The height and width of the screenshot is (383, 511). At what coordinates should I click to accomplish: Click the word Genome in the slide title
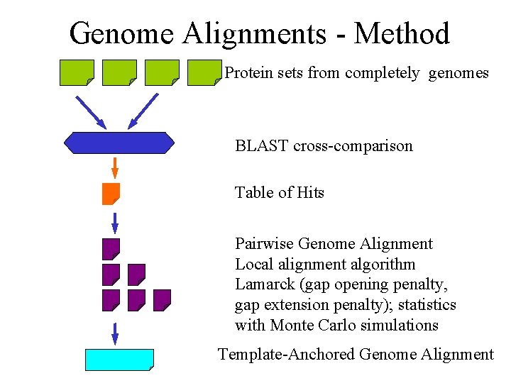tap(120, 33)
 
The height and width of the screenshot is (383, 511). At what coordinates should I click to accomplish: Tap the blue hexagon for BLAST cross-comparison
tap(119, 143)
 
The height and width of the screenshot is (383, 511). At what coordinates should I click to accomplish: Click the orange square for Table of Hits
tap(111, 194)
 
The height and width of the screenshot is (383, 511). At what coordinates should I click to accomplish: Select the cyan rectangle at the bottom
tap(119, 360)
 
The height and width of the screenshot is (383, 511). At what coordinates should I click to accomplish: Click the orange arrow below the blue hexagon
tap(114, 168)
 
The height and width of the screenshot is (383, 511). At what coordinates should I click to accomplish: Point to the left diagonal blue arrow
tap(90, 111)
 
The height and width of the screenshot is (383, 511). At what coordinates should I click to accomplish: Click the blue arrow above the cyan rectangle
tap(114, 333)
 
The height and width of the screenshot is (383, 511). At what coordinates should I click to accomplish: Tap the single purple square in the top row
tap(111, 249)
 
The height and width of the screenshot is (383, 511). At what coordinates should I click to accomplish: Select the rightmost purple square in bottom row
tap(162, 300)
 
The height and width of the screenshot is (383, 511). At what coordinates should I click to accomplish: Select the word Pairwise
tap(264, 244)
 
